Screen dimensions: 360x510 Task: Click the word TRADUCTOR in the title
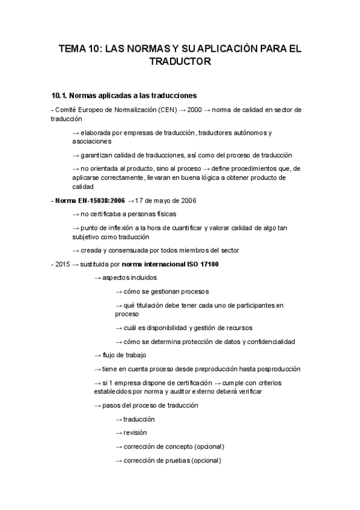180,61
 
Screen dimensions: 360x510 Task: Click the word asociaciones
91,141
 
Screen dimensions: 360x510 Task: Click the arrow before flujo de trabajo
97,355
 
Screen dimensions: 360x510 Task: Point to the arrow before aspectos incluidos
97,278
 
